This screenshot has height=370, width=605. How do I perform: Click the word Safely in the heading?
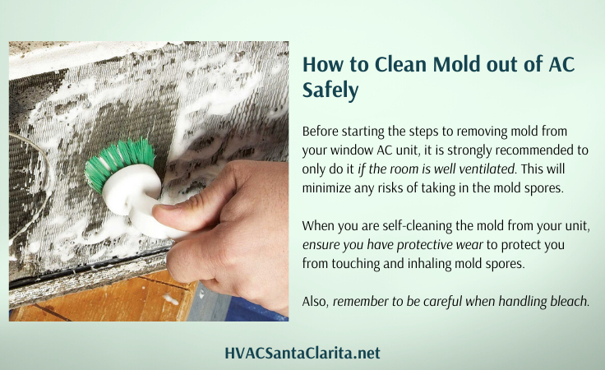tap(330, 90)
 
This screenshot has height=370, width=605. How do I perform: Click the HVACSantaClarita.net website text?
tap(302, 353)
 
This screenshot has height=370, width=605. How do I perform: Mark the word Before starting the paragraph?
tap(320, 132)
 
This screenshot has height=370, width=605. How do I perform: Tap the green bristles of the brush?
tap(120, 162)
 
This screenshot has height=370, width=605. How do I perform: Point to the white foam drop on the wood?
tap(170, 298)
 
